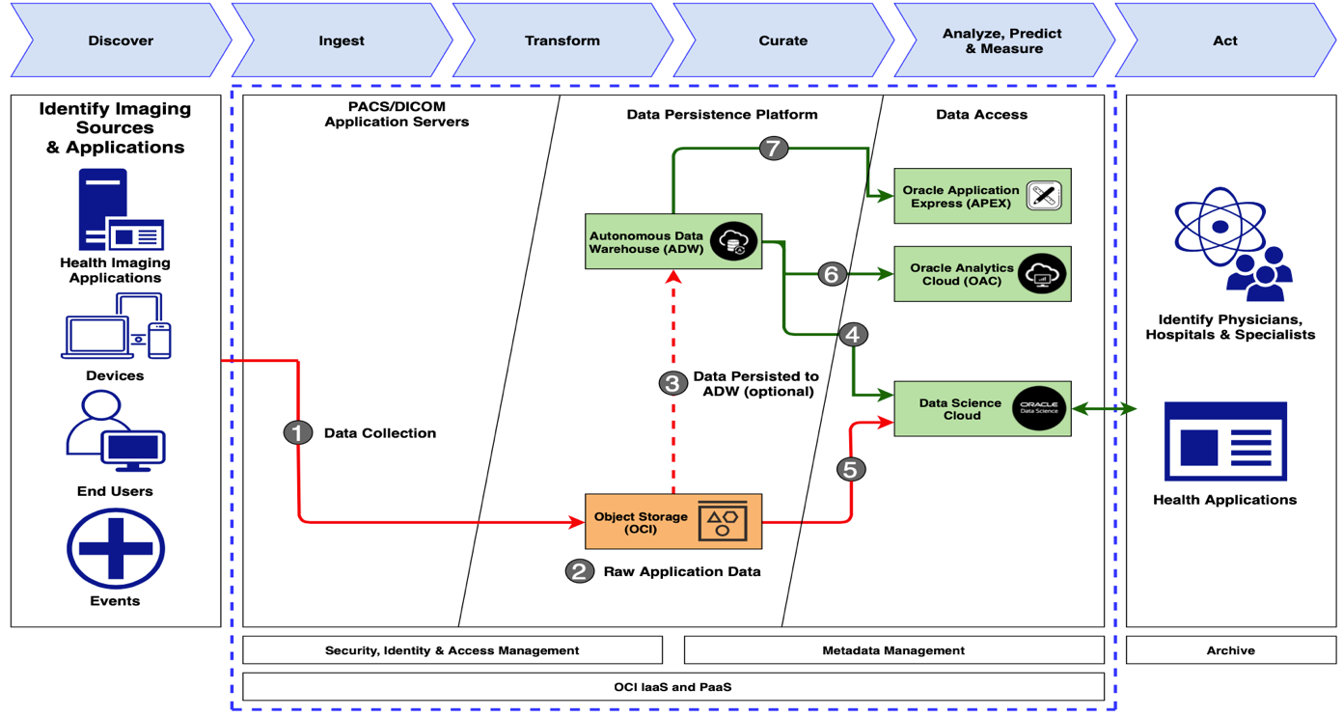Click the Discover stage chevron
[121, 41]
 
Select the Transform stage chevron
[562, 41]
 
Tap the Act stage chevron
[1225, 41]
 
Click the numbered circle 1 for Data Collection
[298, 432]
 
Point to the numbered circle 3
[672, 383]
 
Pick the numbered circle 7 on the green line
[773, 149]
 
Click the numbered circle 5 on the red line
[850, 469]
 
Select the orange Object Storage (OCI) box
[673, 521]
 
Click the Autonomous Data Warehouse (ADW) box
[673, 241]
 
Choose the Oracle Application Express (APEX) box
[982, 196]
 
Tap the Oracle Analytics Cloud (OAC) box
[982, 274]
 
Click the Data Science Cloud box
[982, 409]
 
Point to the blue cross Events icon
[116, 548]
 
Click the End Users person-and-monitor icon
[116, 431]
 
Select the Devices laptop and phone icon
[116, 327]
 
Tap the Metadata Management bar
[893, 650]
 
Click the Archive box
[1230, 650]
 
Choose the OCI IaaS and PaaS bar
[672, 686]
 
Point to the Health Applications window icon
[1225, 441]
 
